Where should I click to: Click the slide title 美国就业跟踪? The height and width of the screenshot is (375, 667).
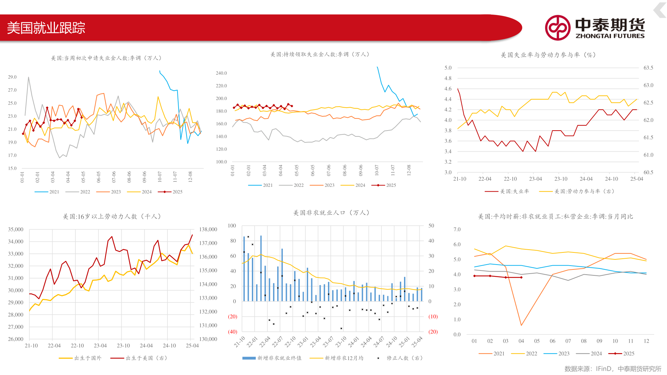pos(46,28)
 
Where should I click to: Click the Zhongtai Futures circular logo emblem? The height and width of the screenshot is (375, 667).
pos(557,28)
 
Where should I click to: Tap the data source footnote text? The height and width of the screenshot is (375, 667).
pos(612,369)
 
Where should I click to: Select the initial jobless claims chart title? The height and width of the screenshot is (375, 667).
pos(106,58)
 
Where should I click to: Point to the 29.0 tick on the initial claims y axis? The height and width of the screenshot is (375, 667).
pos(12,77)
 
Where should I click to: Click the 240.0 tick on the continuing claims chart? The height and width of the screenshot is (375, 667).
pos(221,73)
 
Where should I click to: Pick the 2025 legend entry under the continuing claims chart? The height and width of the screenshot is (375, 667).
pos(384,185)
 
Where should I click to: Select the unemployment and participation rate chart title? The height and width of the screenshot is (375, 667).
pos(548,55)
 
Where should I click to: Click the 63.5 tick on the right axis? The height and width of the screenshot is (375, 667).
pos(648,68)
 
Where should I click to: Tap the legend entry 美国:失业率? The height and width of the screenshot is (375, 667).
pos(507,191)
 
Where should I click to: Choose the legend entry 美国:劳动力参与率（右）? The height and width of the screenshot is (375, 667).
pos(577,191)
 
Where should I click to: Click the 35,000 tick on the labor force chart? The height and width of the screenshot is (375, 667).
pos(16,230)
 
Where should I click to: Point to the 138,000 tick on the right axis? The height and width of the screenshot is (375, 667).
pos(208,230)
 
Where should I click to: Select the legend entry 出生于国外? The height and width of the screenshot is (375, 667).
pos(80,358)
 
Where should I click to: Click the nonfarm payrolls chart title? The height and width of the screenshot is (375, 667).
pos(331,213)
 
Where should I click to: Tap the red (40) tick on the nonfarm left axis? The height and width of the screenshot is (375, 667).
pos(232,332)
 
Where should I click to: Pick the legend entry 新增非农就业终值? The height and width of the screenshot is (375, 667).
pos(272,358)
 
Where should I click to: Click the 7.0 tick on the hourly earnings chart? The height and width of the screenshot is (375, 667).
pos(457,230)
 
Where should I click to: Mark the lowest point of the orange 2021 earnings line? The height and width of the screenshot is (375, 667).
pos(521,325)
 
